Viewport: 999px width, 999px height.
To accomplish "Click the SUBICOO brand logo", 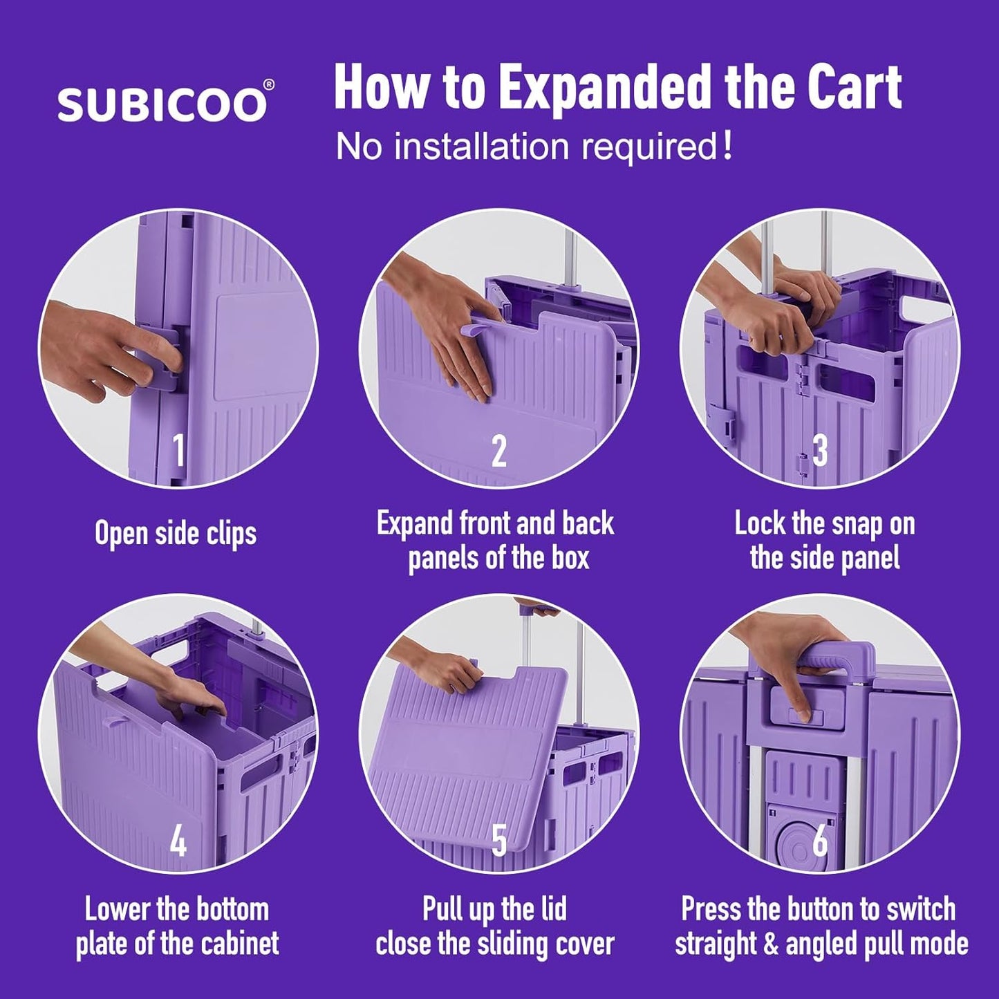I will [162, 105].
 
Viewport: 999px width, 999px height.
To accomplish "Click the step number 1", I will [178, 451].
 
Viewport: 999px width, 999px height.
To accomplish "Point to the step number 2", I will [498, 451].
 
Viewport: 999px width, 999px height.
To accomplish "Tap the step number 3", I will [820, 451].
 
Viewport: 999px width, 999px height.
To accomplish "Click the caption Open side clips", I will [176, 533].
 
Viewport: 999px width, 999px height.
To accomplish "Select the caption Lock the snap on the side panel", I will [825, 541].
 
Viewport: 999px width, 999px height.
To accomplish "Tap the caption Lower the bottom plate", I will [177, 926].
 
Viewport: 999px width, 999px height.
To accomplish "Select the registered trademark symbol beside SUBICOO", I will [269, 84].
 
